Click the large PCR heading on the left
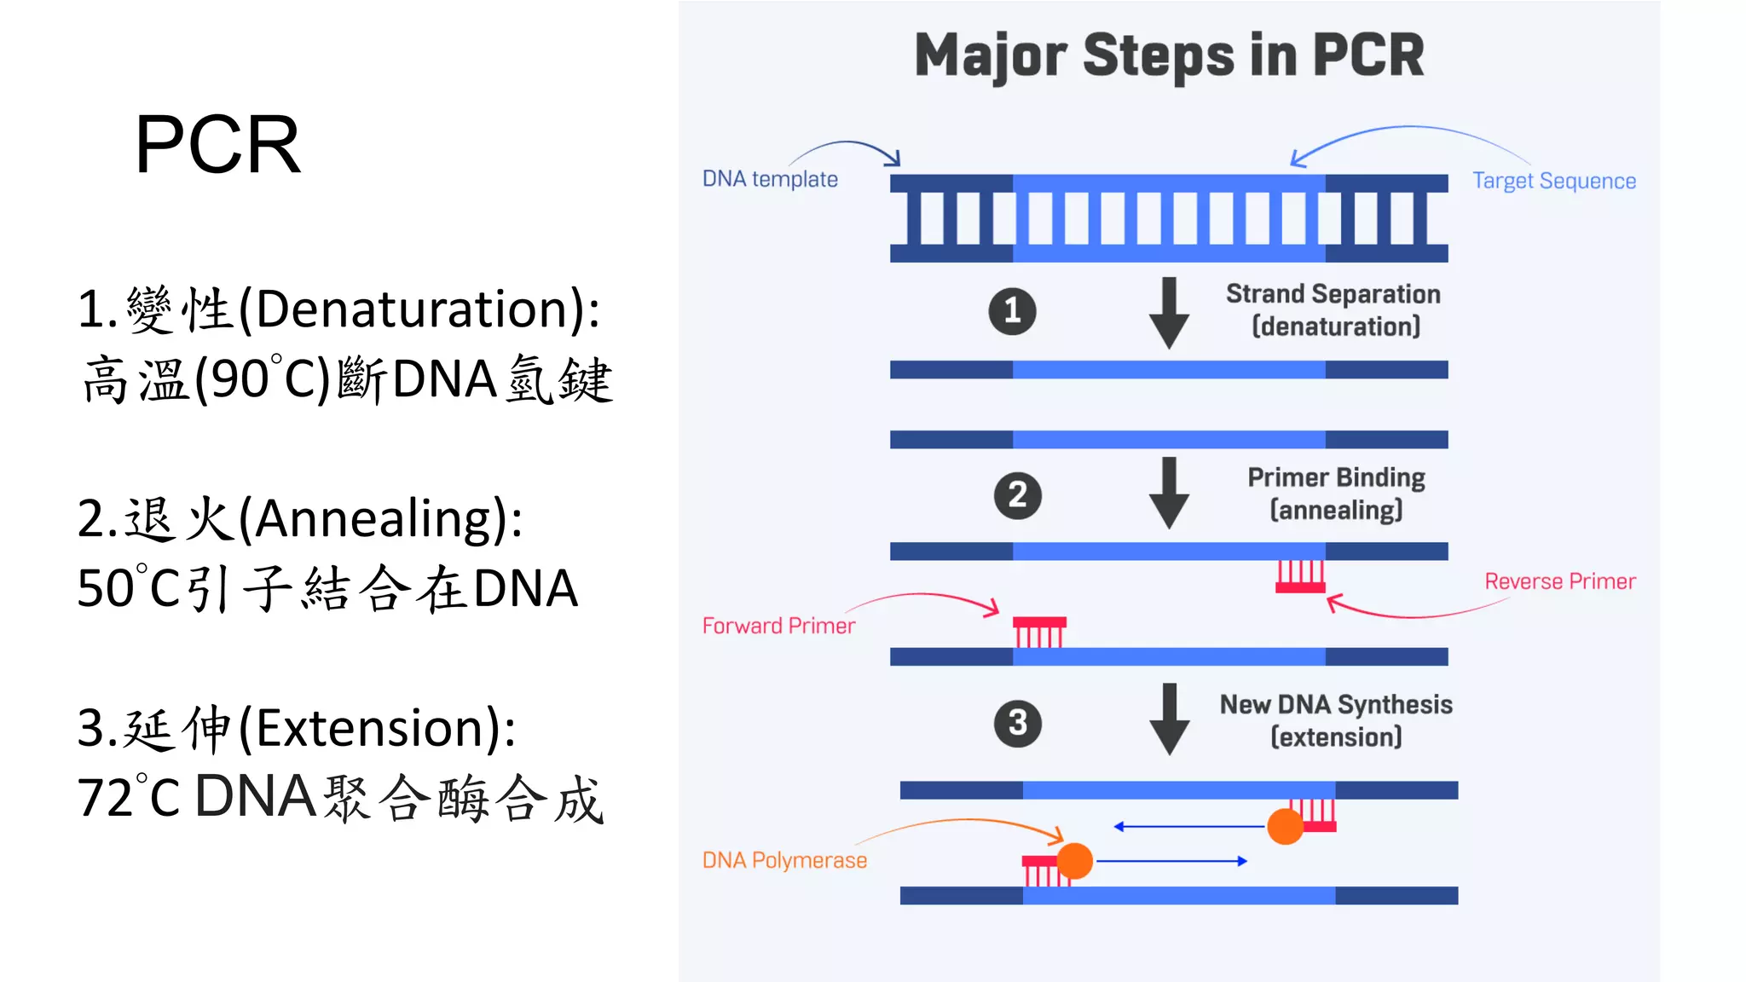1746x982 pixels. click(x=218, y=145)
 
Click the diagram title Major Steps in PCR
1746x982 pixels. click(x=1169, y=55)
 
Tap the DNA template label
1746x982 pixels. click(x=769, y=179)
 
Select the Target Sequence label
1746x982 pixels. click(x=1553, y=181)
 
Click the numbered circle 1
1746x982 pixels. click(x=1012, y=311)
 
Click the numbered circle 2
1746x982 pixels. click(x=1017, y=495)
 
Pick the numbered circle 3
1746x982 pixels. click(x=1017, y=724)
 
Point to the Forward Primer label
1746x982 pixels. click(x=778, y=626)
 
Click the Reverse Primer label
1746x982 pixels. click(x=1559, y=581)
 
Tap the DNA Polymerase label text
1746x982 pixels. click(x=783, y=860)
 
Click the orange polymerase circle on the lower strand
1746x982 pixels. click(x=1074, y=861)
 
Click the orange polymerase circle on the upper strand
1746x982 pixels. click(x=1285, y=826)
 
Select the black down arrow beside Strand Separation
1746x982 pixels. click(x=1169, y=313)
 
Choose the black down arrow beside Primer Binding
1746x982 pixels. click(x=1169, y=493)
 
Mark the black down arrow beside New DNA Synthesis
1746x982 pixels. click(x=1169, y=719)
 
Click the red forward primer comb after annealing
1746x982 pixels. click(x=1039, y=632)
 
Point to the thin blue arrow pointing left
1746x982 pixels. click(x=1188, y=826)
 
